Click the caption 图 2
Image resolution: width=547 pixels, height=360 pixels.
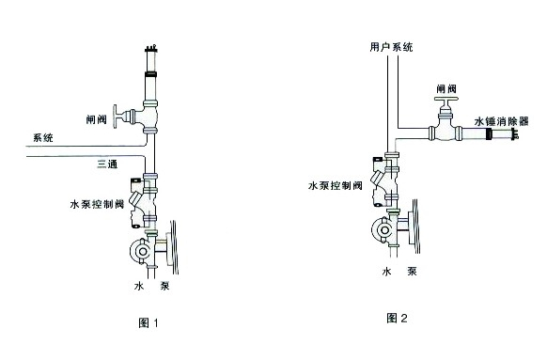pos(397,318)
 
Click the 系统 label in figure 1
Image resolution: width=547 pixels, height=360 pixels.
pos(44,137)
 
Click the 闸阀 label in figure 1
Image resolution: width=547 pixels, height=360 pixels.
pos(96,119)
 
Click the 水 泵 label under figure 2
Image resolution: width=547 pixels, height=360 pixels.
pos(399,272)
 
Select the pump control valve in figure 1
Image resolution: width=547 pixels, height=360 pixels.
pos(144,202)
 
